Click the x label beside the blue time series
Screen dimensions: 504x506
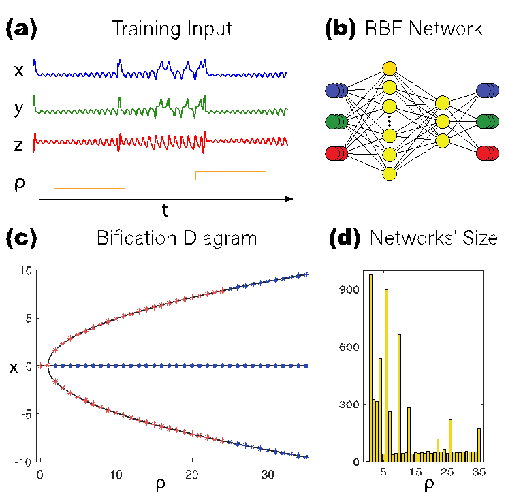(19, 69)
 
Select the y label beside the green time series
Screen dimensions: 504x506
(19, 108)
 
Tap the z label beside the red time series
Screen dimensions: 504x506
(19, 144)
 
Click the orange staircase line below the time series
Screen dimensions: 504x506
(160, 180)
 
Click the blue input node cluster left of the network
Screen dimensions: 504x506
(336, 90)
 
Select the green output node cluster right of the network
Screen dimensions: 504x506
(488, 121)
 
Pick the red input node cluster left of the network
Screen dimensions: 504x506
(336, 154)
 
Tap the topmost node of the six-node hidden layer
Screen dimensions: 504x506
(390, 68)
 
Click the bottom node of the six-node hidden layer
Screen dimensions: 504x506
(390, 174)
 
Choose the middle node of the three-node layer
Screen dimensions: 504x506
(443, 121)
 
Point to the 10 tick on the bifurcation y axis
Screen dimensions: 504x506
(26, 270)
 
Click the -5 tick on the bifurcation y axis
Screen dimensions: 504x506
(25, 413)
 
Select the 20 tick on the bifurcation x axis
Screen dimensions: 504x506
(192, 474)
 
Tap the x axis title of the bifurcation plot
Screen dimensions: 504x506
(161, 485)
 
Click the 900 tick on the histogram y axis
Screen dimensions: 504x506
(351, 289)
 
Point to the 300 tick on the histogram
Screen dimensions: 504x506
(351, 405)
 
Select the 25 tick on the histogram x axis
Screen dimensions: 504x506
(447, 473)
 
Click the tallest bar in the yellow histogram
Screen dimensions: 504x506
(370, 368)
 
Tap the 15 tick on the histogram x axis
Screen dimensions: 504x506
(415, 473)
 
